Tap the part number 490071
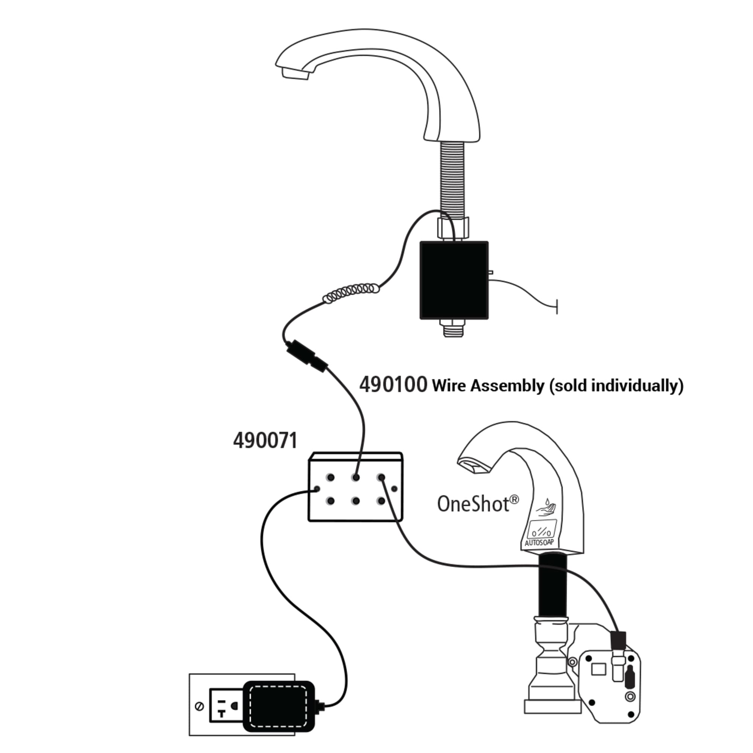pos(265,441)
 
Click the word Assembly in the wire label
pos(508,386)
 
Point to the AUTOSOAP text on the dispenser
pos(539,543)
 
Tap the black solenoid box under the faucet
pos(454,280)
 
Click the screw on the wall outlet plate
pos(200,707)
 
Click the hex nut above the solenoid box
pos(453,228)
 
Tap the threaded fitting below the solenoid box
pos(453,328)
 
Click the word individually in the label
pos(638,386)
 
